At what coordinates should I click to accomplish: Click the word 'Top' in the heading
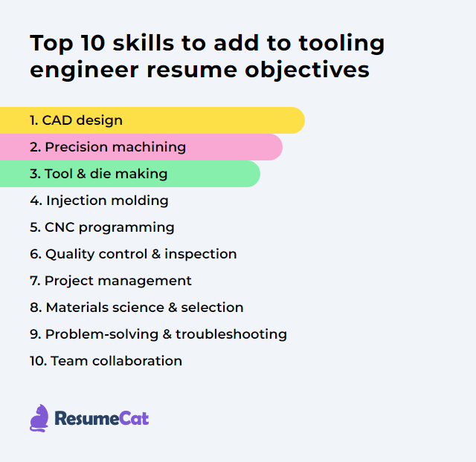pyautogui.click(x=51, y=44)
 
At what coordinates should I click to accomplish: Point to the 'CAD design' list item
pyautogui.click(x=76, y=120)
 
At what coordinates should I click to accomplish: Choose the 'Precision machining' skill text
pyautogui.click(x=108, y=147)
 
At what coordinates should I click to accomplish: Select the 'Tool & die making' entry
pyautogui.click(x=98, y=174)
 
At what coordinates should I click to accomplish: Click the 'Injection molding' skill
pyautogui.click(x=99, y=201)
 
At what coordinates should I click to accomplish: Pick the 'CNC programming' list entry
pyautogui.click(x=102, y=227)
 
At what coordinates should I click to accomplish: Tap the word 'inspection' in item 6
pyautogui.click(x=201, y=254)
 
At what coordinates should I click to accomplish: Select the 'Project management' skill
pyautogui.click(x=111, y=281)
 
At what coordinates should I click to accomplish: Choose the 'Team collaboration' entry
pyautogui.click(x=106, y=361)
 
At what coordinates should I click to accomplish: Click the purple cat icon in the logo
pyautogui.click(x=39, y=418)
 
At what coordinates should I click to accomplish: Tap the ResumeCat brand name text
pyautogui.click(x=101, y=419)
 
